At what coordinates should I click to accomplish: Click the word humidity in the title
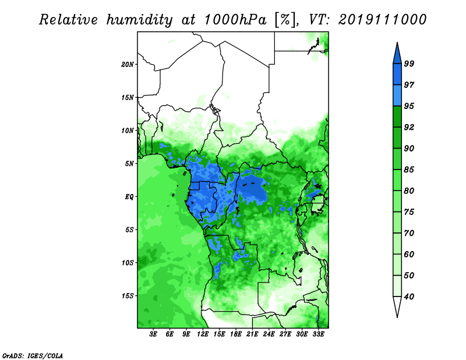coord(139,20)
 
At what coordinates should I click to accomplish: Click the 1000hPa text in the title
coord(235,20)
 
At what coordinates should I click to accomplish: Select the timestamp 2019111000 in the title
coord(382,20)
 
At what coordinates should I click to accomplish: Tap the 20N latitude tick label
coord(128,65)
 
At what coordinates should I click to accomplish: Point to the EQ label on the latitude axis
coord(129,197)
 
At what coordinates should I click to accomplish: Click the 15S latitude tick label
coord(128,296)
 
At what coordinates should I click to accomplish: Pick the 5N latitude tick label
coord(129,164)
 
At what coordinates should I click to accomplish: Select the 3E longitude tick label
coord(153,334)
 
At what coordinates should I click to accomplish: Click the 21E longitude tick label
coord(252,334)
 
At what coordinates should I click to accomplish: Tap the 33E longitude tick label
coord(318,334)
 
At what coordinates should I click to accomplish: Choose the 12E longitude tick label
coord(202,334)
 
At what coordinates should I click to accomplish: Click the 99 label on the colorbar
coord(409,63)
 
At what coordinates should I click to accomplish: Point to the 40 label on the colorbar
coord(409,297)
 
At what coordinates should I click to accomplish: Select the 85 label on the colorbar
coord(409,170)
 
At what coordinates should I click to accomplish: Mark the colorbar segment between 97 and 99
coord(397,75)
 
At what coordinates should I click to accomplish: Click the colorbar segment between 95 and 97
coord(397,96)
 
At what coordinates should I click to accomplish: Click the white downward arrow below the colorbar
coord(397,306)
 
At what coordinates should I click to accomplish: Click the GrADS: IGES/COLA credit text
coord(33,355)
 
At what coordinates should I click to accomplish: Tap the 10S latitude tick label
coord(128,263)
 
